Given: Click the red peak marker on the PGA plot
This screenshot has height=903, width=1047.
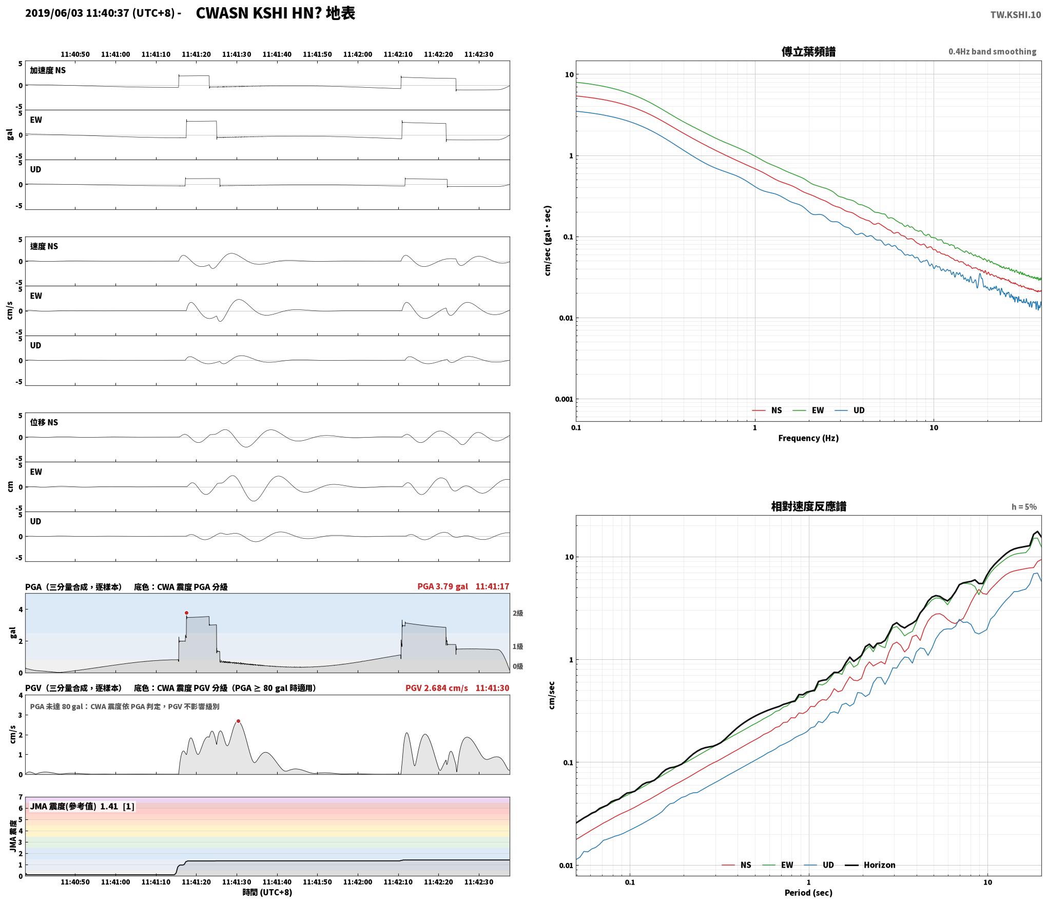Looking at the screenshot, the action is click(186, 613).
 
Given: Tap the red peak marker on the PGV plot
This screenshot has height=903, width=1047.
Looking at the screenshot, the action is click(238, 721).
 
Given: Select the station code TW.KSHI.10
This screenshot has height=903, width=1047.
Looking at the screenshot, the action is click(1016, 15).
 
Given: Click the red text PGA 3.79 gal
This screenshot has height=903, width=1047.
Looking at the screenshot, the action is click(442, 586).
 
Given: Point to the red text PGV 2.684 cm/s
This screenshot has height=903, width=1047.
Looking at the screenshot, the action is click(437, 688).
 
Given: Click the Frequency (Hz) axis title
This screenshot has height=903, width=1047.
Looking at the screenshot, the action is click(808, 438).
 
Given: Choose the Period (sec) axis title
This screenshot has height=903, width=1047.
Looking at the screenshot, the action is click(808, 893).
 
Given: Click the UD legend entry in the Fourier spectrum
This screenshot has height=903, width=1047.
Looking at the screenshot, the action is click(850, 410).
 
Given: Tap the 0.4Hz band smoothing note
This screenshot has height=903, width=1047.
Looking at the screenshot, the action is click(992, 52).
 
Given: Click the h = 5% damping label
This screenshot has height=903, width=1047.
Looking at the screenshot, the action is click(1024, 507).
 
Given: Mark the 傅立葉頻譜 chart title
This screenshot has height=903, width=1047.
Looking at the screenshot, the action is click(808, 52).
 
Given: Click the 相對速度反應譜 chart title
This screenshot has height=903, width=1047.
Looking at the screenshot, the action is click(808, 506).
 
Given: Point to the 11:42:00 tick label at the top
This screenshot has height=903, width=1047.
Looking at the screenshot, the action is click(358, 54).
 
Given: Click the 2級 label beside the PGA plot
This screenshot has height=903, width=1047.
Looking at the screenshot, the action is click(518, 613).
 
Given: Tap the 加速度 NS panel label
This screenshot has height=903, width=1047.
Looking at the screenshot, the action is click(48, 70).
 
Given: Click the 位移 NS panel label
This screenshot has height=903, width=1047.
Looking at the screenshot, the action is click(44, 422).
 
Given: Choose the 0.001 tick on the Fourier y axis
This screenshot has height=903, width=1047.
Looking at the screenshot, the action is click(564, 399).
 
